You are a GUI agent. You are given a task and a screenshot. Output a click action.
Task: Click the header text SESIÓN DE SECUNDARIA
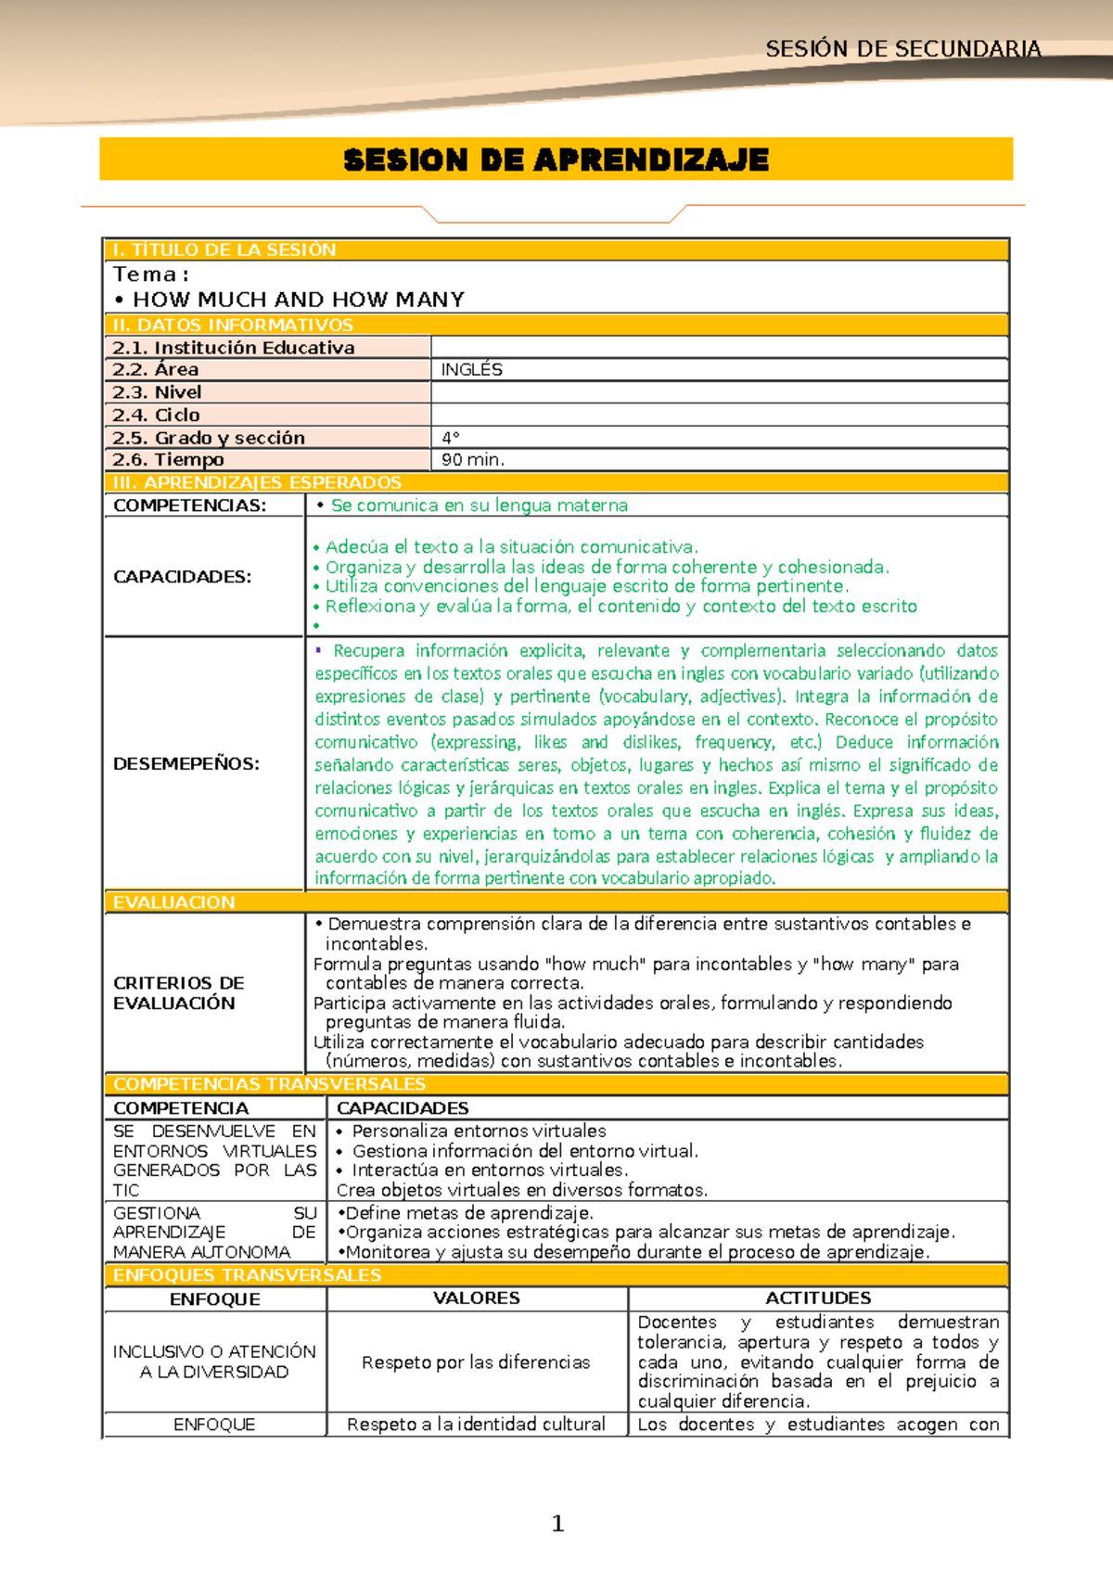(902, 49)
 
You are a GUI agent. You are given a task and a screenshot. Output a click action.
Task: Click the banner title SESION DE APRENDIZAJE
(556, 160)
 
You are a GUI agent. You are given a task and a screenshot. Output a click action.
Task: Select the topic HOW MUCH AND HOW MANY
(298, 300)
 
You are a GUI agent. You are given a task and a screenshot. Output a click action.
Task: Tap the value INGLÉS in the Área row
(471, 369)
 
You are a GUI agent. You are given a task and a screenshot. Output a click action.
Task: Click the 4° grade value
(451, 438)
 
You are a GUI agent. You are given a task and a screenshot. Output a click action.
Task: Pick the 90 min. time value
(473, 460)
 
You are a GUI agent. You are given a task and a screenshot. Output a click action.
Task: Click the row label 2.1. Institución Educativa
(233, 348)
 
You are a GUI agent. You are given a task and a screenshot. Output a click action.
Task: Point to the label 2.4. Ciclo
(156, 415)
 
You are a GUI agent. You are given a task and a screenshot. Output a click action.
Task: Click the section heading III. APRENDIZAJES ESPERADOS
(257, 483)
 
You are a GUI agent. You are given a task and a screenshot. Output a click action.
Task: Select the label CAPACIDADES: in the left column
(182, 577)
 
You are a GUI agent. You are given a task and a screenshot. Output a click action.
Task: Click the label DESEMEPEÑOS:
(185, 764)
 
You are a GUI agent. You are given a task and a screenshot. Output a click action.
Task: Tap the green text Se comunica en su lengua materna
(479, 505)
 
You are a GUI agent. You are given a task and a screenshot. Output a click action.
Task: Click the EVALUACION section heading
(173, 902)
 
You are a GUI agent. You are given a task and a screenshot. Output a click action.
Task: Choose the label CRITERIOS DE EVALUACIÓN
(178, 992)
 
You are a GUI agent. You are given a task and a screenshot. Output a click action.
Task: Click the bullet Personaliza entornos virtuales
(479, 1132)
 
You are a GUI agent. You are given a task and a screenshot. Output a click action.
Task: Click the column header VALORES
(476, 1298)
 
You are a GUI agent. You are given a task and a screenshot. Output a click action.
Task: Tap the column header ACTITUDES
(817, 1298)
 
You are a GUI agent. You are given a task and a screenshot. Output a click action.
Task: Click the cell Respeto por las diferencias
(475, 1362)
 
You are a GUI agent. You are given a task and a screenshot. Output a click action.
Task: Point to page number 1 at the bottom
(557, 1523)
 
